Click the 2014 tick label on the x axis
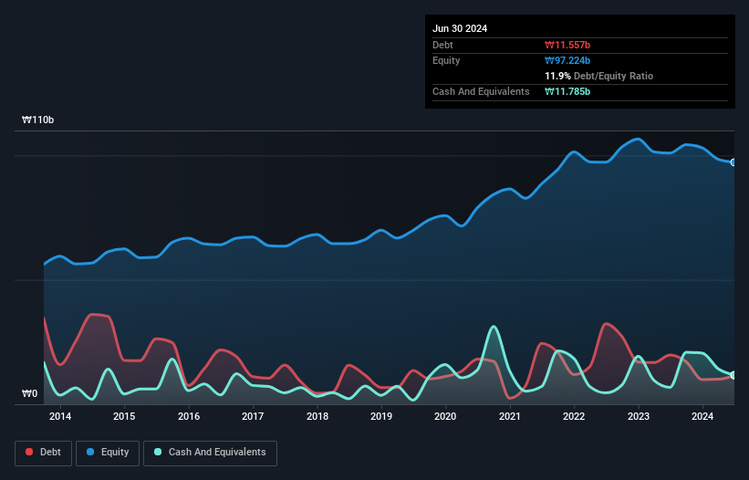click(x=60, y=417)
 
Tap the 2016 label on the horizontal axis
click(x=189, y=417)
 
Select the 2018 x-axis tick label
click(x=317, y=417)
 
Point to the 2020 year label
click(x=445, y=417)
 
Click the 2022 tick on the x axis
click(x=574, y=417)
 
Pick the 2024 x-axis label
click(x=702, y=417)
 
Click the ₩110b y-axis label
click(x=39, y=120)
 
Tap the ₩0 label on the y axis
click(x=30, y=394)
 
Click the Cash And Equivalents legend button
click(x=210, y=453)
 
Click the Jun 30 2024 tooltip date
click(x=460, y=28)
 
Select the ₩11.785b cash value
click(x=571, y=91)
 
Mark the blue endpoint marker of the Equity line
click(x=733, y=162)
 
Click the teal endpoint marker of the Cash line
click(x=733, y=375)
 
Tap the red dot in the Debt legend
click(x=29, y=453)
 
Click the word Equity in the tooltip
click(x=446, y=60)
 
